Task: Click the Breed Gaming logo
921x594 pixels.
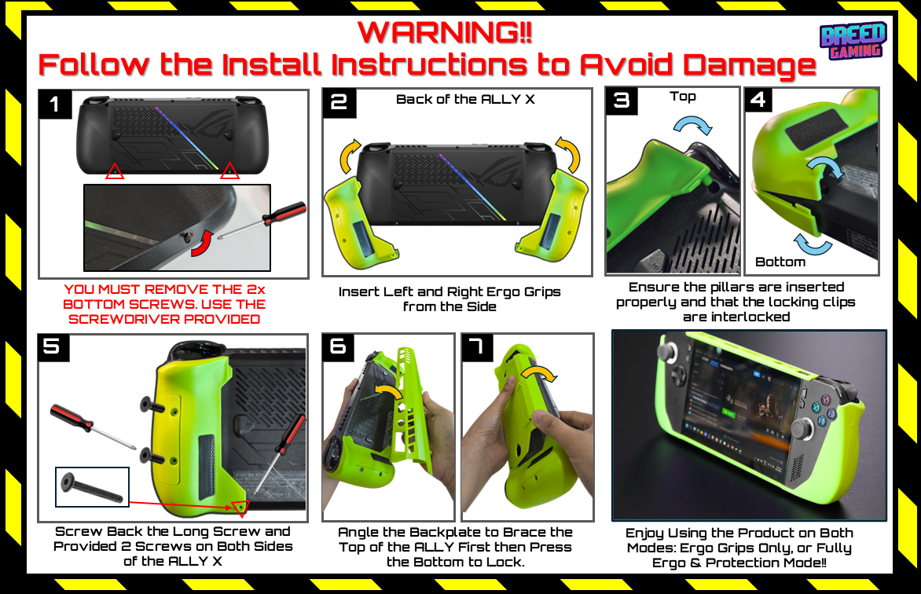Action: pyautogui.click(x=853, y=41)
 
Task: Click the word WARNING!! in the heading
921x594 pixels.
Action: pyautogui.click(x=446, y=32)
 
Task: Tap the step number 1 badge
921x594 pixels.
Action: pyautogui.click(x=55, y=104)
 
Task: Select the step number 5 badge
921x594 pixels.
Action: pyautogui.click(x=53, y=346)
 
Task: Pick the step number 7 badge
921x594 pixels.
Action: pyautogui.click(x=476, y=346)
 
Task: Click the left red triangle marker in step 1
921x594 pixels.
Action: pyautogui.click(x=115, y=171)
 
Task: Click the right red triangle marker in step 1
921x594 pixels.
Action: pyautogui.click(x=229, y=170)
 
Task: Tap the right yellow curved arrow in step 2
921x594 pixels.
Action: pyautogui.click(x=570, y=154)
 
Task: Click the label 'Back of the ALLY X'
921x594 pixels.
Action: pyautogui.click(x=465, y=99)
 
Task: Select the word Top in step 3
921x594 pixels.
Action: pyautogui.click(x=683, y=97)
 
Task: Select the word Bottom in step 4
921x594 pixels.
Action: pyautogui.click(x=780, y=262)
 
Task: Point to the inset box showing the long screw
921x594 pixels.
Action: pyautogui.click(x=92, y=487)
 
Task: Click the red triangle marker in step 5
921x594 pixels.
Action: pyautogui.click(x=240, y=508)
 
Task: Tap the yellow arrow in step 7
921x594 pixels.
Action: pyautogui.click(x=539, y=373)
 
